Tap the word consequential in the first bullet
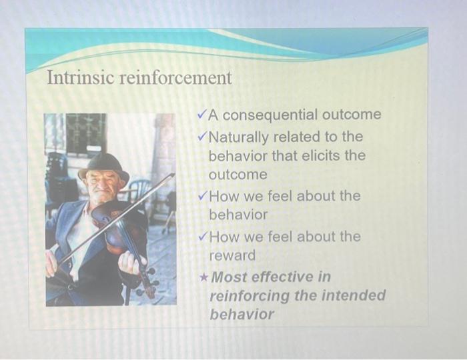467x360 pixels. tap(271, 115)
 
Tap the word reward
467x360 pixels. tap(232, 255)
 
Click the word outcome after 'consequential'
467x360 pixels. tap(352, 115)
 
